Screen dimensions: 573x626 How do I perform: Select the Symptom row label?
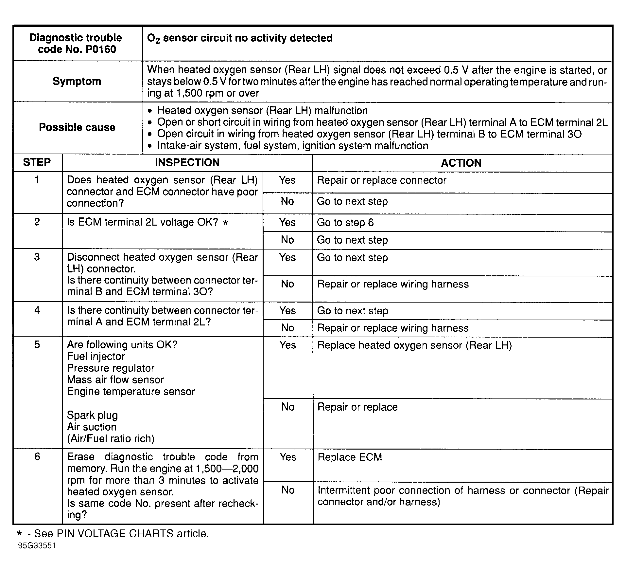pyautogui.click(x=77, y=81)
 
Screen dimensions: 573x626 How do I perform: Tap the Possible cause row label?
pyautogui.click(x=77, y=127)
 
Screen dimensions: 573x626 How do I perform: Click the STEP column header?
pyautogui.click(x=37, y=162)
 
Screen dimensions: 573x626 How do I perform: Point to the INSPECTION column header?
pyautogui.click(x=187, y=163)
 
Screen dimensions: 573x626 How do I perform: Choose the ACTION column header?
pyautogui.click(x=461, y=163)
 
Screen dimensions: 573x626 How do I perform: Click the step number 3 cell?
pyautogui.click(x=37, y=257)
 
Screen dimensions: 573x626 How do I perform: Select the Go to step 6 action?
pyautogui.click(x=345, y=223)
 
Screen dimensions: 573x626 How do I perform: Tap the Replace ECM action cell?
pyautogui.click(x=350, y=457)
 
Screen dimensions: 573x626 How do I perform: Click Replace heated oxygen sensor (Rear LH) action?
pyautogui.click(x=414, y=345)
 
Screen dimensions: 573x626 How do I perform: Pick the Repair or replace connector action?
pyautogui.click(x=381, y=180)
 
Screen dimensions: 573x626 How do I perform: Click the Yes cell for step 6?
pyautogui.click(x=288, y=457)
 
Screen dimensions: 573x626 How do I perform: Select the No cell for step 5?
pyautogui.click(x=288, y=407)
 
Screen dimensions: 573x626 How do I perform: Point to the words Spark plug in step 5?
pyautogui.click(x=92, y=415)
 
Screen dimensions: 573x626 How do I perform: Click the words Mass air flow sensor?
pyautogui.click(x=115, y=380)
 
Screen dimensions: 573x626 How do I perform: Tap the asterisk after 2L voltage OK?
pyautogui.click(x=225, y=223)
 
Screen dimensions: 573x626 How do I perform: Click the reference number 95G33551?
pyautogui.click(x=37, y=546)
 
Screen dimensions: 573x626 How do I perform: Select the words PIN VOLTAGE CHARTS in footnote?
pyautogui.click(x=115, y=534)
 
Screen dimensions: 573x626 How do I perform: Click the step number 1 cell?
pyautogui.click(x=37, y=180)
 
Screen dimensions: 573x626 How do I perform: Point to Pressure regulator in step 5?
pyautogui.click(x=111, y=368)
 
